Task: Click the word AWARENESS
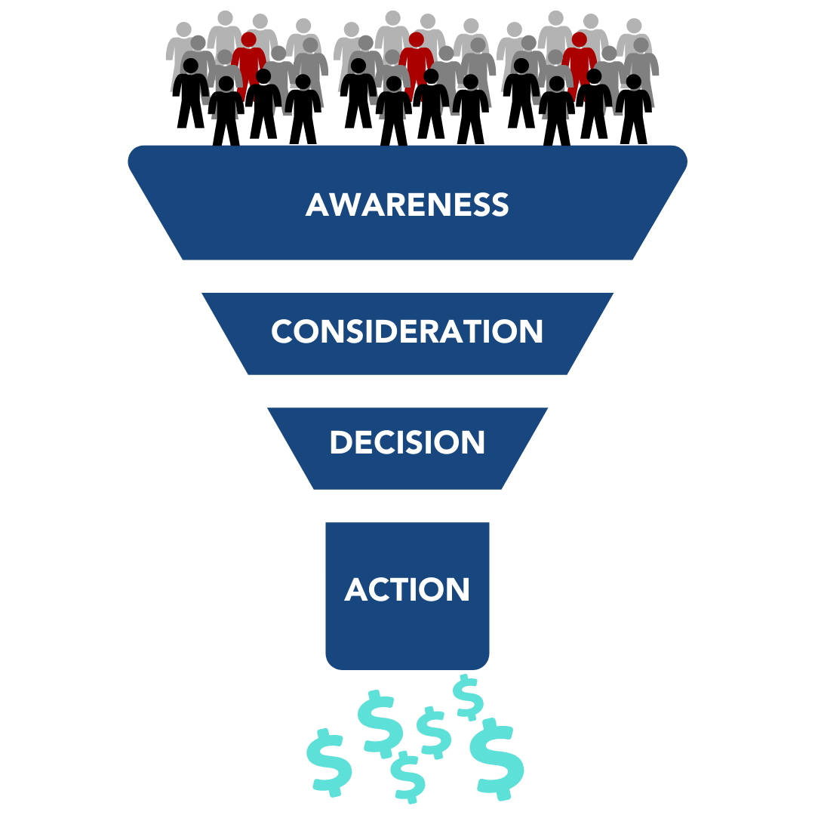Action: (407, 205)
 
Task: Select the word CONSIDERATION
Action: (407, 331)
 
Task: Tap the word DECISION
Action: (407, 443)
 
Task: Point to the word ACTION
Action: (407, 589)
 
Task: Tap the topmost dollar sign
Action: (468, 696)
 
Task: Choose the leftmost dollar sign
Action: (329, 761)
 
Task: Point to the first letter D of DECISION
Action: (342, 443)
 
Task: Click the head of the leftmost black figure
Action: (191, 66)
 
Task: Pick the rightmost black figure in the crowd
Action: (633, 109)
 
